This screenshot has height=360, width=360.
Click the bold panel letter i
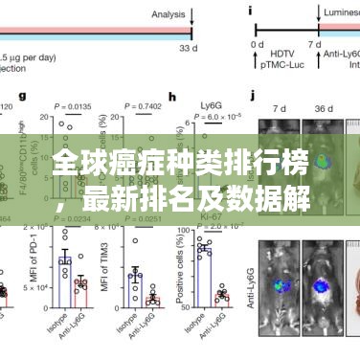[x=251, y=11]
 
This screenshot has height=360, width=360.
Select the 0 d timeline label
[x=258, y=45]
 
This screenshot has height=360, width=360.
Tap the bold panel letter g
[x=49, y=96]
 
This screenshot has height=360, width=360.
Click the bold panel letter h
[x=171, y=96]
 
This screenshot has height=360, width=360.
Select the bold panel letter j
[x=252, y=96]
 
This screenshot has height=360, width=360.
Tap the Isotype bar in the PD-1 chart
[x=65, y=273]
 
